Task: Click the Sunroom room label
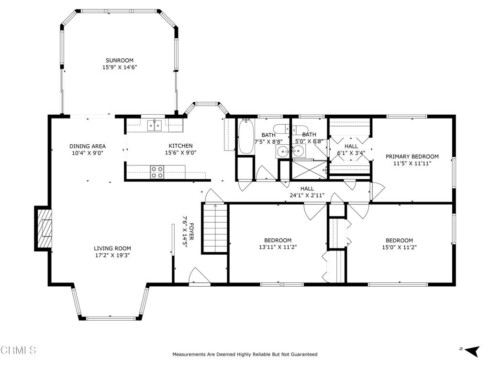click(x=119, y=60)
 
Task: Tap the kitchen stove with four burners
click(x=157, y=172)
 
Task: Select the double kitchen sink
click(x=155, y=126)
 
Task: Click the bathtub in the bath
click(x=246, y=136)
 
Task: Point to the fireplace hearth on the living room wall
click(x=43, y=228)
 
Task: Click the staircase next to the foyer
click(x=215, y=228)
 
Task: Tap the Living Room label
click(x=112, y=248)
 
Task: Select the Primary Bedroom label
click(x=412, y=156)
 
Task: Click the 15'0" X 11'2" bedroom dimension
click(x=400, y=247)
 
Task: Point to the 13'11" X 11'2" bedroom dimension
click(x=278, y=247)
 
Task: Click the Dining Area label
click(x=88, y=146)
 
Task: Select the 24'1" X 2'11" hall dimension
click(x=307, y=195)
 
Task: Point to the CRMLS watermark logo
click(x=18, y=350)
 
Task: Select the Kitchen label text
click(x=180, y=146)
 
